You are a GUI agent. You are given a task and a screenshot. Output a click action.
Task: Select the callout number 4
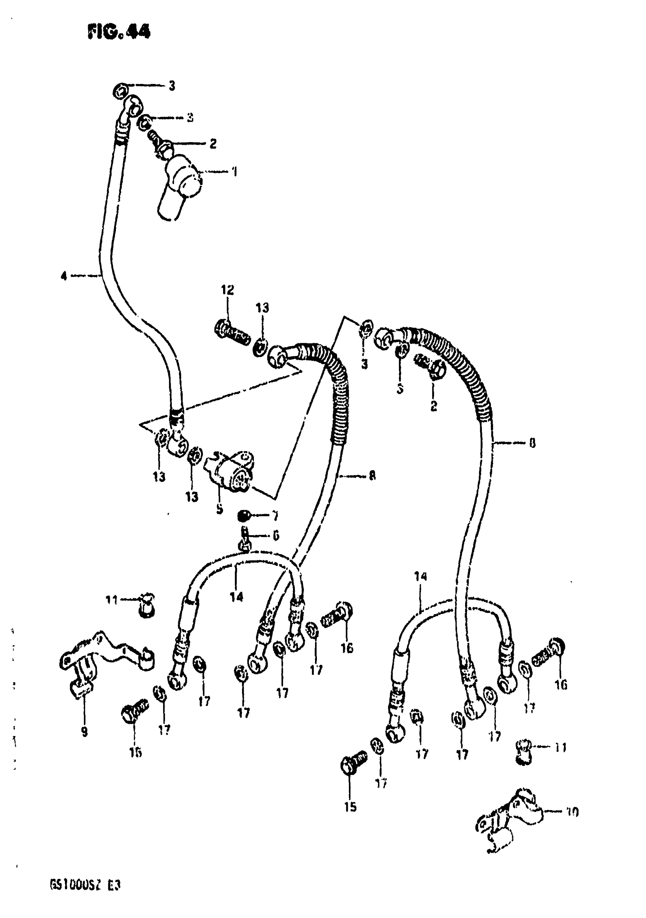(63, 276)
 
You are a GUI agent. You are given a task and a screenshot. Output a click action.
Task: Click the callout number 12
(228, 290)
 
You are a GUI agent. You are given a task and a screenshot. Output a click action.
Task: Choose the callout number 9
(84, 732)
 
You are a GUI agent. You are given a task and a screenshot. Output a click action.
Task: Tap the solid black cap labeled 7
(242, 517)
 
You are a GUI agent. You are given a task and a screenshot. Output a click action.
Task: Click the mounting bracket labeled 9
(100, 660)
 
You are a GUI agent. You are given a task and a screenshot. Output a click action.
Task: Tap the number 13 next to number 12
(262, 308)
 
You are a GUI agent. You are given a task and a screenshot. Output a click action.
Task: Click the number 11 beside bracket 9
(112, 600)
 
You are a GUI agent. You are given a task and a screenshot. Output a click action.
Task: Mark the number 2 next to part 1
(213, 143)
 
